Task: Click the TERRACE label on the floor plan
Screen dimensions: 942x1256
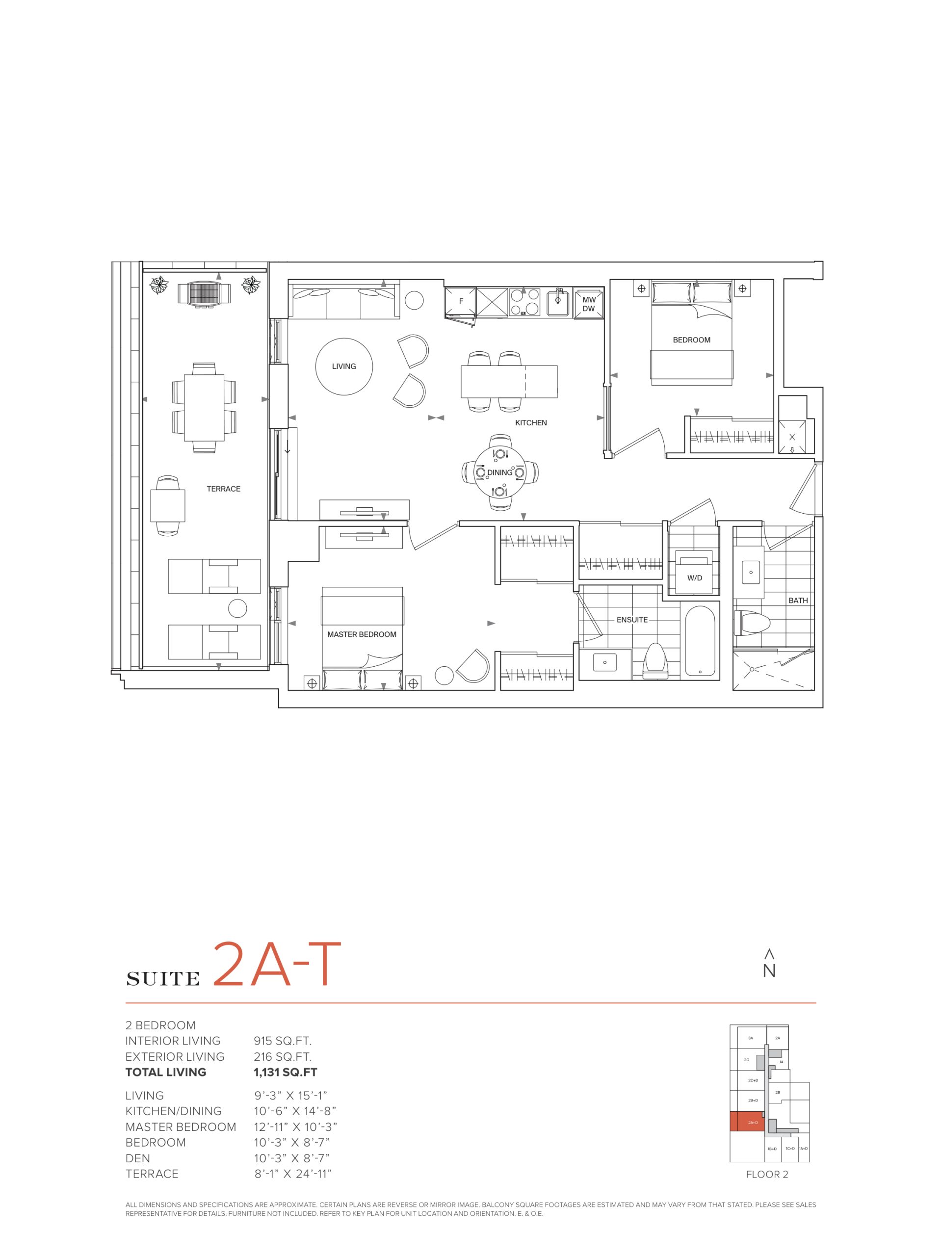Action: pos(223,489)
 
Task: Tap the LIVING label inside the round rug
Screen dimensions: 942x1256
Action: pos(344,366)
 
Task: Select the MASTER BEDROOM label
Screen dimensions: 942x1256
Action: pos(362,634)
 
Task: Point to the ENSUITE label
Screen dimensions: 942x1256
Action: pos(632,620)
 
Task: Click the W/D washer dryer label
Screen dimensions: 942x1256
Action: pos(694,578)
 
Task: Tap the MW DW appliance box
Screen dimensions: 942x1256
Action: pos(589,304)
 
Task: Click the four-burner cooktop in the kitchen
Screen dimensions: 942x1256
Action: pos(524,302)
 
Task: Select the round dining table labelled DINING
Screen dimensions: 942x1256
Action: pos(499,472)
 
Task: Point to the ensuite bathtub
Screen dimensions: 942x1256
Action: pos(700,641)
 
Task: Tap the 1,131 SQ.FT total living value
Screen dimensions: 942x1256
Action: pos(285,1072)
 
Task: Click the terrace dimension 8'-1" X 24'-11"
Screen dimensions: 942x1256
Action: pos(292,1174)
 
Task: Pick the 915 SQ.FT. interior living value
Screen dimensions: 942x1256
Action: pos(283,1041)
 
